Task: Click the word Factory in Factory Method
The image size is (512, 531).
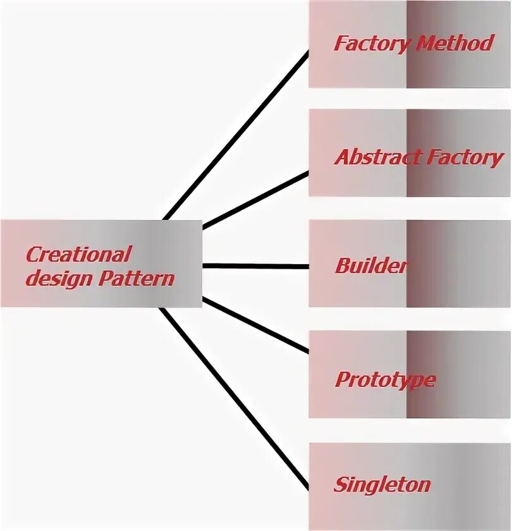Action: coord(370,44)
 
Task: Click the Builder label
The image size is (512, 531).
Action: coord(371,265)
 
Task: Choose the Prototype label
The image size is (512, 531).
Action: coord(385,380)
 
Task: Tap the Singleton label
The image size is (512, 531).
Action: coord(382,485)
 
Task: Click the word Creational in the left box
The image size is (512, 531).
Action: coord(78,255)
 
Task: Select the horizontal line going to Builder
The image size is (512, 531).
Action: coord(256,266)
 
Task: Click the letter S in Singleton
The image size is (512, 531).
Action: coord(340,485)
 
